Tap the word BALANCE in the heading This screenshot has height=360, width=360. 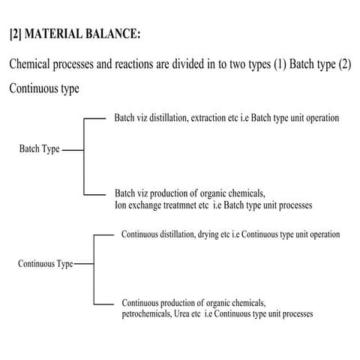pos(114,34)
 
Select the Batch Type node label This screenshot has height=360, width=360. pos(39,149)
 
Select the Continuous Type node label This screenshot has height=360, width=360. pos(45,264)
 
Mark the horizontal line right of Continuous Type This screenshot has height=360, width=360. pos(84,265)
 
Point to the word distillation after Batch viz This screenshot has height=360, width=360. pos(164,118)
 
